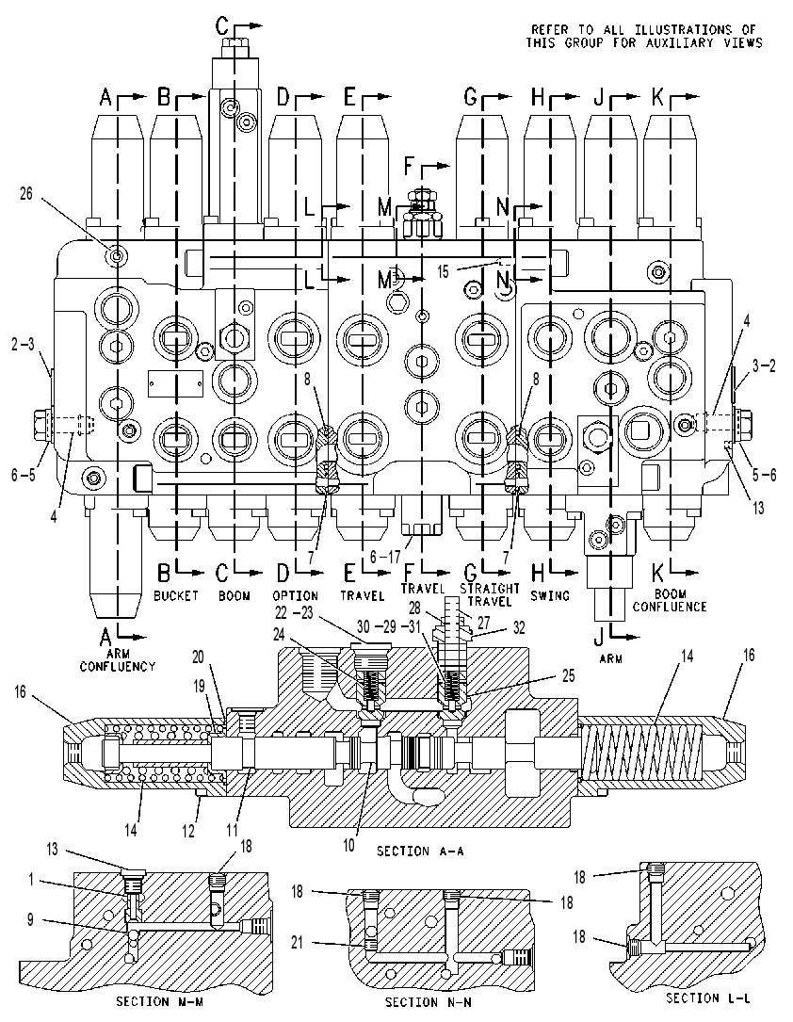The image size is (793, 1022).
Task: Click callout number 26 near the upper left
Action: pyautogui.click(x=26, y=194)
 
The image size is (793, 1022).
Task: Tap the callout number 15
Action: pyautogui.click(x=443, y=272)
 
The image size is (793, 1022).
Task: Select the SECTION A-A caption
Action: pyautogui.click(x=420, y=851)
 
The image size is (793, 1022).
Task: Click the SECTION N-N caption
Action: pyautogui.click(x=429, y=1002)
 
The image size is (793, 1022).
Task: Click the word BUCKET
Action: pyautogui.click(x=176, y=595)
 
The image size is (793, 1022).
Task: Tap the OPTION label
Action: pyautogui.click(x=295, y=595)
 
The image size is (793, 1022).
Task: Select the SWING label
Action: pyautogui.click(x=550, y=595)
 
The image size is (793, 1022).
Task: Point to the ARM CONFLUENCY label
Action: pyautogui.click(x=118, y=659)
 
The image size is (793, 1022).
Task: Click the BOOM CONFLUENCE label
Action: pyautogui.click(x=670, y=600)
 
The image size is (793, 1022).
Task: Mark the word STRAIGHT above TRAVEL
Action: pyautogui.click(x=490, y=589)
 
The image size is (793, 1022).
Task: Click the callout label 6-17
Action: pyautogui.click(x=385, y=557)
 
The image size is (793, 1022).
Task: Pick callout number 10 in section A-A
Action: pyautogui.click(x=349, y=846)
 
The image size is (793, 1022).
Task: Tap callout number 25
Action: pyautogui.click(x=568, y=676)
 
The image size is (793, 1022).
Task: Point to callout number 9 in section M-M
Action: pyautogui.click(x=30, y=921)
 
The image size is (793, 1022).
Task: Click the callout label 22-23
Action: pyautogui.click(x=294, y=612)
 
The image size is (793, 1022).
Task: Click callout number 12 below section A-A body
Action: pyautogui.click(x=187, y=832)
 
